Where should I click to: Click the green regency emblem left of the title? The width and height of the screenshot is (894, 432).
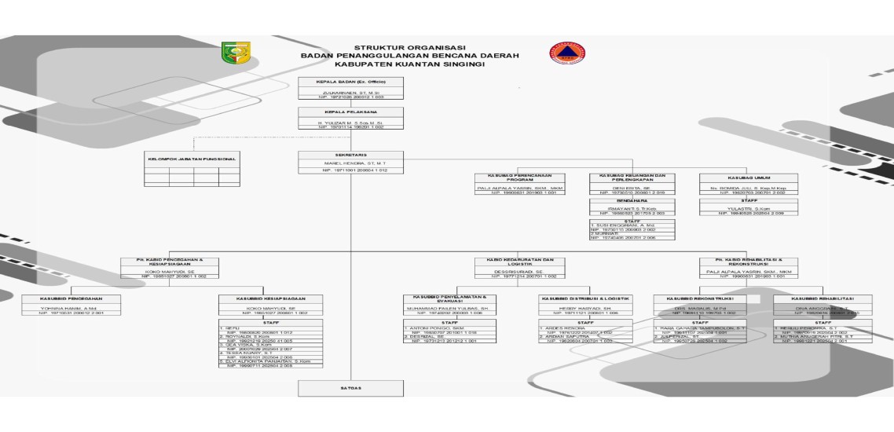(233, 54)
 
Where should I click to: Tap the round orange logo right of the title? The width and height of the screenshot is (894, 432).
(562, 53)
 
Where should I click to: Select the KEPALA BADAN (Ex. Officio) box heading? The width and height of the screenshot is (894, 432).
(350, 82)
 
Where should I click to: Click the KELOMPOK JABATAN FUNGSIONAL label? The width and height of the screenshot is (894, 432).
(192, 159)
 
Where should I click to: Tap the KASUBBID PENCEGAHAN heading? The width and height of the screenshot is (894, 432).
(71, 298)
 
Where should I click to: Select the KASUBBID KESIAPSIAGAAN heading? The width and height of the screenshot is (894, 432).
(270, 298)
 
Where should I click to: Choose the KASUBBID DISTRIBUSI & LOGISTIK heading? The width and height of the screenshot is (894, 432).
(585, 298)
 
